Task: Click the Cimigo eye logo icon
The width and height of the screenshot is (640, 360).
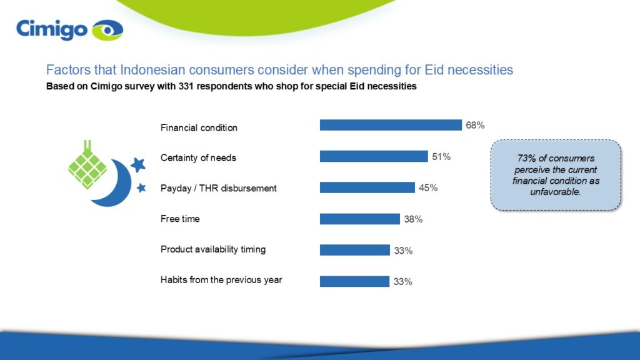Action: pyautogui.click(x=107, y=30)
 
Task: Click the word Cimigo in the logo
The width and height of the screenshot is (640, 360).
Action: pyautogui.click(x=52, y=29)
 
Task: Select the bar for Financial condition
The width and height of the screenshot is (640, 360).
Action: pyautogui.click(x=391, y=125)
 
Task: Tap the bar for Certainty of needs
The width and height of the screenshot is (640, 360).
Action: pyautogui.click(x=374, y=156)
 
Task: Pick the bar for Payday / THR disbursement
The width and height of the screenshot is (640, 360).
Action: pyautogui.click(x=367, y=187)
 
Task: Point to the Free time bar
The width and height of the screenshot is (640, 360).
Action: pyautogui.click(x=359, y=219)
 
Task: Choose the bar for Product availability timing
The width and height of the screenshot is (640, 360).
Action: pyautogui.click(x=354, y=250)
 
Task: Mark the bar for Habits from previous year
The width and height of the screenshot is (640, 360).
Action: pyautogui.click(x=354, y=281)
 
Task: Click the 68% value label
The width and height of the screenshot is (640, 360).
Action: pyautogui.click(x=474, y=125)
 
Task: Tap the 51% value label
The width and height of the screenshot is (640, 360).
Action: pyautogui.click(x=441, y=157)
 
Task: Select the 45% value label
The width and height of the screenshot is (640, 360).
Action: pyautogui.click(x=427, y=188)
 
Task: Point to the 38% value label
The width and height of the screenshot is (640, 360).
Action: pyautogui.click(x=413, y=219)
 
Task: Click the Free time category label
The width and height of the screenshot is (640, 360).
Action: pyautogui.click(x=180, y=219)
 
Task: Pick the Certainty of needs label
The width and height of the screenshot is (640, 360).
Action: pyautogui.click(x=198, y=158)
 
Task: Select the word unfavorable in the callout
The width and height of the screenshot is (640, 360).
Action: pyautogui.click(x=556, y=192)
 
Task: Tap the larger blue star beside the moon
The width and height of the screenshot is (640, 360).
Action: pyautogui.click(x=138, y=165)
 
